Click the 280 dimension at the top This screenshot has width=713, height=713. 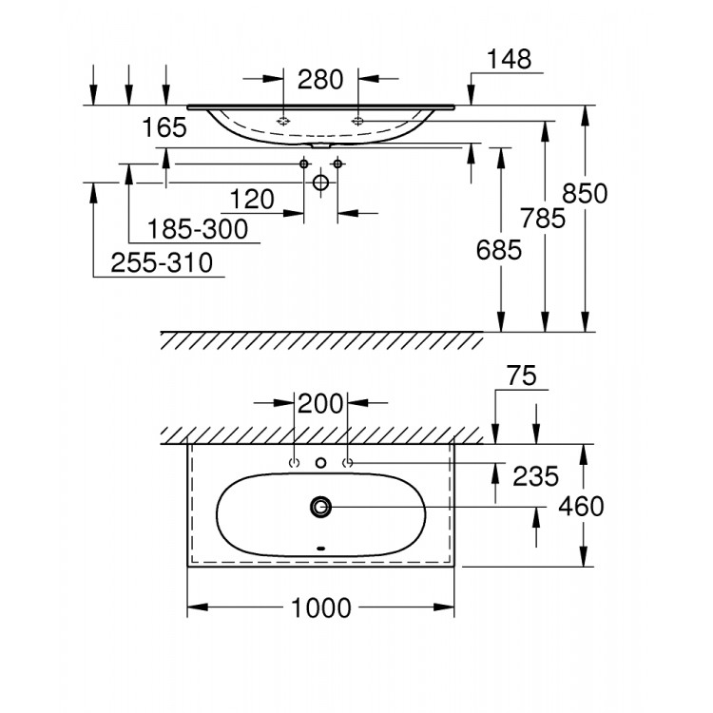click(319, 80)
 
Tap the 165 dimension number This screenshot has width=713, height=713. click(165, 128)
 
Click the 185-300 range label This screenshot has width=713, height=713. click(198, 229)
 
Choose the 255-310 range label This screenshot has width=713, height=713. click(161, 262)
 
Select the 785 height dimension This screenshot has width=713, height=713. click(544, 218)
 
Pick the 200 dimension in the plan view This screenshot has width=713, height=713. click(321, 403)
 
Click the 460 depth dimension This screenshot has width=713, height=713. click(583, 507)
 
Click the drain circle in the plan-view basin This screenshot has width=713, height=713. click(320, 507)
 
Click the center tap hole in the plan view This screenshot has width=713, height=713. click(320, 463)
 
